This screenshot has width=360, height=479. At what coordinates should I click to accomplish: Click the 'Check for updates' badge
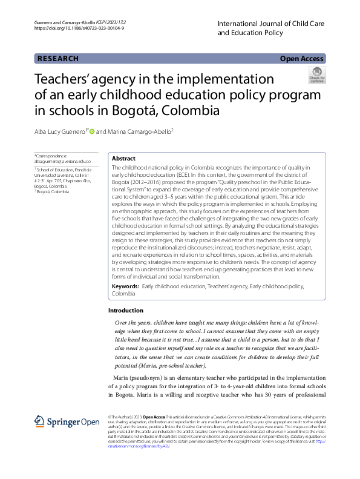coord(316,76)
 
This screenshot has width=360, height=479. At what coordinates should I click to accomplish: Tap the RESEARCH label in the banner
coord(58,59)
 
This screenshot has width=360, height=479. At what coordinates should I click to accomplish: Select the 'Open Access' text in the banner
coord(301,59)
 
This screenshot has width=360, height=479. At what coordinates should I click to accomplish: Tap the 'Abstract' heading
coord(123,157)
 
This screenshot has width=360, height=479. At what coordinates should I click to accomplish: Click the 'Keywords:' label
coord(126,285)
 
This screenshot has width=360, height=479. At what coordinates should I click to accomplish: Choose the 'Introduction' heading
coord(126,310)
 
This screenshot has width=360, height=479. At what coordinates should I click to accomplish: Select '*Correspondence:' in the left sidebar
coord(51,156)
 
